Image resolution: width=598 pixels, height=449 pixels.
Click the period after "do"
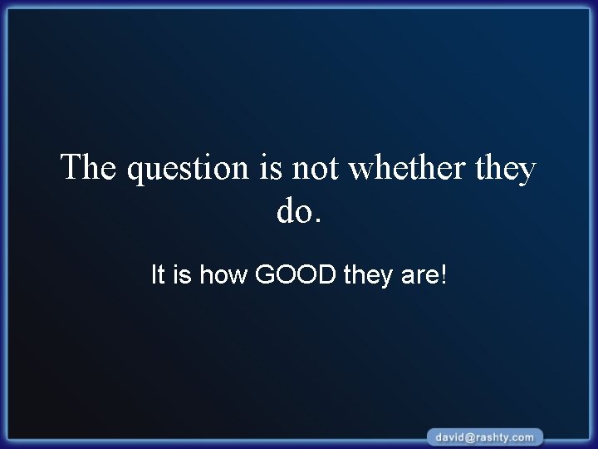[316, 222]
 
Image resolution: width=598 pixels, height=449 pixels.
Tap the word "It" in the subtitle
[159, 274]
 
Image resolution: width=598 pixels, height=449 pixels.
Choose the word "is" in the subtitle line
[183, 274]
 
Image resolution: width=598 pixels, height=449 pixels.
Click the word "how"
[223, 274]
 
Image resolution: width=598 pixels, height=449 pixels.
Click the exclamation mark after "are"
[442, 274]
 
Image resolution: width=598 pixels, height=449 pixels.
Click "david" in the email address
[449, 437]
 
